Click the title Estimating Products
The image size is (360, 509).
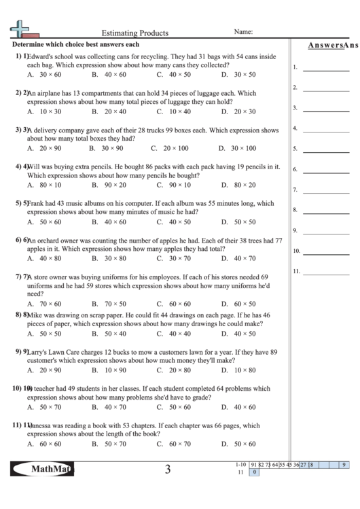(134, 32)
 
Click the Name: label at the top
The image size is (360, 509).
(243, 31)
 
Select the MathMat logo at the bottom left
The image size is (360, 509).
(43, 469)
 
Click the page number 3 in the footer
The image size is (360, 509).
(167, 470)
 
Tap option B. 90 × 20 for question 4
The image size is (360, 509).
(109, 184)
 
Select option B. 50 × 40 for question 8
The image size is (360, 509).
(109, 334)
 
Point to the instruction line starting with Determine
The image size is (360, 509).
(75, 44)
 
